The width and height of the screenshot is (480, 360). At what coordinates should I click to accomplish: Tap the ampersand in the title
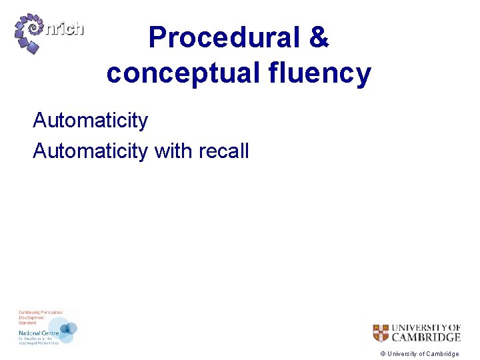(x=318, y=37)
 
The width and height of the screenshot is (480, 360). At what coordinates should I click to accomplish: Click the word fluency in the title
(x=327, y=73)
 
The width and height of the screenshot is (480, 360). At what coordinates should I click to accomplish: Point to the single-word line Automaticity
(x=90, y=121)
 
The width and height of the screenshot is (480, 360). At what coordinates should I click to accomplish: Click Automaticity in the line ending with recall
(x=90, y=151)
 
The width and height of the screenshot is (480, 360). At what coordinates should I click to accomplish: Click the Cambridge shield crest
(x=380, y=333)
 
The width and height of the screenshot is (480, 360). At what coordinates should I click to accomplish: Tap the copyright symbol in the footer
(x=382, y=354)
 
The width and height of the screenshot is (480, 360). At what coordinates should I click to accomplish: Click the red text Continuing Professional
(x=40, y=313)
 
